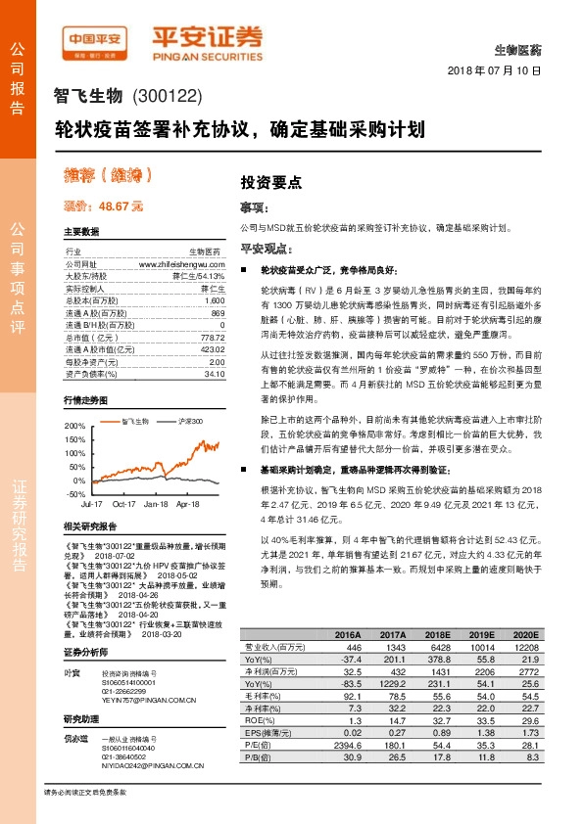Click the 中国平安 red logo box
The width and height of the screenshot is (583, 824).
tap(97, 40)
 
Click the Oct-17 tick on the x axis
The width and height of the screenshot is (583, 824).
tap(123, 505)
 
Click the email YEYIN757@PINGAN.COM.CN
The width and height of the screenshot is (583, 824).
tap(150, 701)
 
